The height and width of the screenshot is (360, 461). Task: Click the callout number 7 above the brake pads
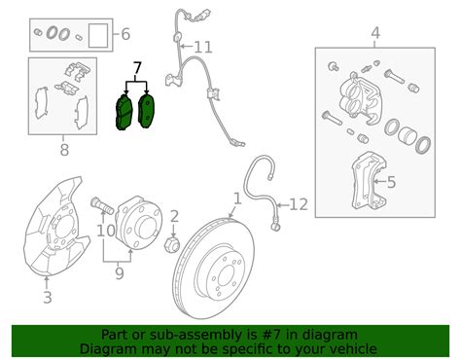137,68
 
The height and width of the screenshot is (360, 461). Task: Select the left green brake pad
124,112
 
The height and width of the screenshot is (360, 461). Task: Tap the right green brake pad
146,110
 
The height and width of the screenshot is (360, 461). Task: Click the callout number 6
125,34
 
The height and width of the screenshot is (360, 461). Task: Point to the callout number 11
203,48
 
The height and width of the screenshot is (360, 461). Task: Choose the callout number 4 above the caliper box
375,33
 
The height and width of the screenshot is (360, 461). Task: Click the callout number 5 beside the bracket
391,182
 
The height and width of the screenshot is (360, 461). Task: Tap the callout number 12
299,204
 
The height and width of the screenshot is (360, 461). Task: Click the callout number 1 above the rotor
237,198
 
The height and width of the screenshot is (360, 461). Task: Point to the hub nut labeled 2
172,244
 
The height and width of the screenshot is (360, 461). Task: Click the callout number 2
174,216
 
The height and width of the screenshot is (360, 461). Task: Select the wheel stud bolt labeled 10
102,205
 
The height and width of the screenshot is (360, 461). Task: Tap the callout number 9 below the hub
120,273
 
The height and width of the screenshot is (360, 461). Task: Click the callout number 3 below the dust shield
48,298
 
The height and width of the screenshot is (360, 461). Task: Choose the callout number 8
64,150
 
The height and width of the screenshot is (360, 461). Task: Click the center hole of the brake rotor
227,276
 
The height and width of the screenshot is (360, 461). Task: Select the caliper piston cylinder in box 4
408,136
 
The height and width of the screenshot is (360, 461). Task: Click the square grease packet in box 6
98,35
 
